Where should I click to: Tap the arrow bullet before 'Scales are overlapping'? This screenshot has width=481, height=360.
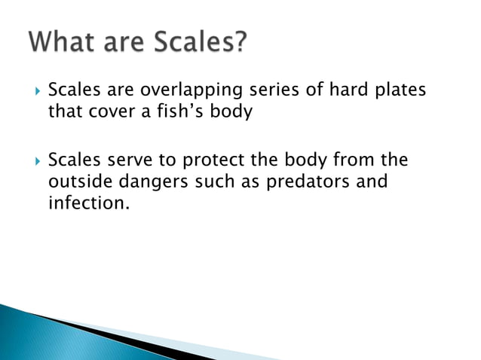33,92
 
